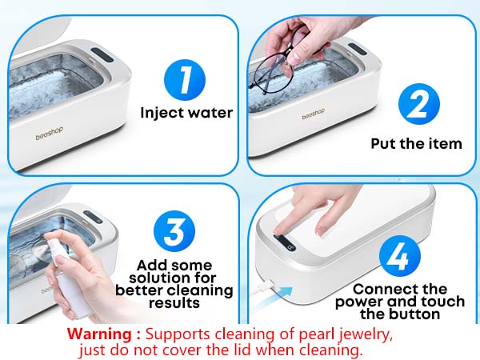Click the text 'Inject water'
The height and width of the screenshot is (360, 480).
point(186,113)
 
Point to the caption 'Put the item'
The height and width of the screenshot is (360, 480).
point(416,144)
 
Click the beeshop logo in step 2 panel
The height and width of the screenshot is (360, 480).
point(314,116)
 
